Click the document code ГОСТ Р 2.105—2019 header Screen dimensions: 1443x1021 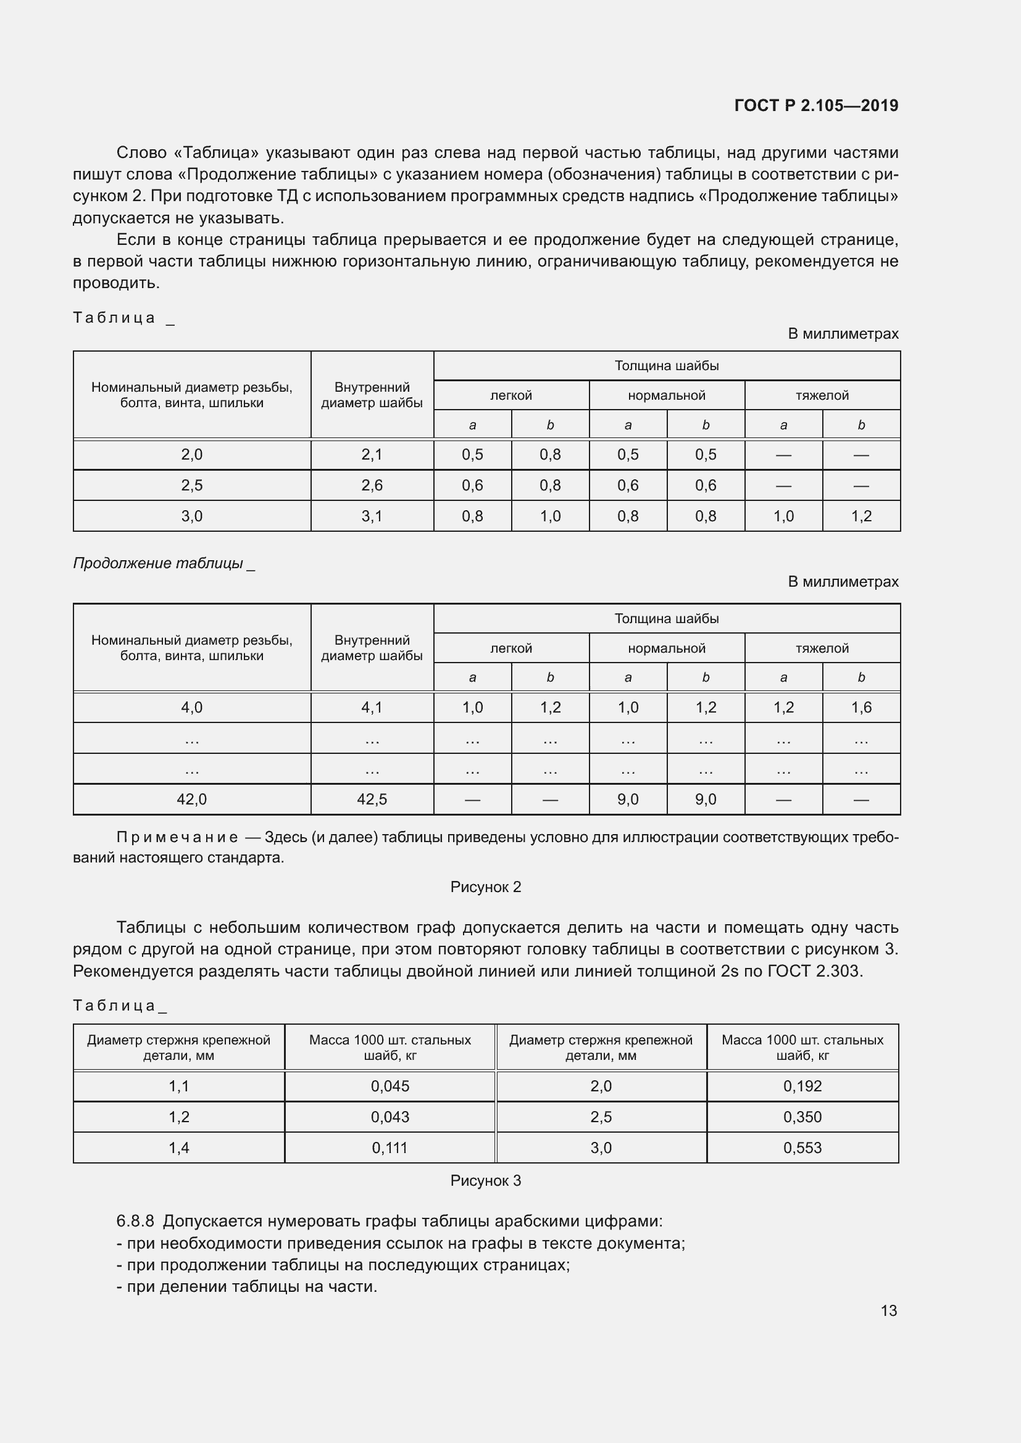pyautogui.click(x=816, y=105)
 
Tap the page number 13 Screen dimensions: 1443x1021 pyautogui.click(x=888, y=1310)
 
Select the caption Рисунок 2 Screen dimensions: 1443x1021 pyautogui.click(x=485, y=887)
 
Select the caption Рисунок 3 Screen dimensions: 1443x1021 pyautogui.click(x=485, y=1180)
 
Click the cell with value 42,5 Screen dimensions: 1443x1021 pyautogui.click(x=372, y=800)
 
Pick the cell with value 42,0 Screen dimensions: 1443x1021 pyautogui.click(x=192, y=800)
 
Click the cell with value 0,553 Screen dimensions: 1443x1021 pyautogui.click(x=802, y=1147)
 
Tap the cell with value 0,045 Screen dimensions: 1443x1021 pyautogui.click(x=390, y=1086)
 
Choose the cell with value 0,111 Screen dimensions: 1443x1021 pyautogui.click(x=390, y=1147)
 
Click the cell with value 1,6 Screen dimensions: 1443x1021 pyautogui.click(x=861, y=708)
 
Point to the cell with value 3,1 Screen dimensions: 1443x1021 pyautogui.click(x=372, y=516)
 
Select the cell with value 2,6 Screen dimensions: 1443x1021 pyautogui.click(x=372, y=485)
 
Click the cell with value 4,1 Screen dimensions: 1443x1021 pyautogui.click(x=372, y=708)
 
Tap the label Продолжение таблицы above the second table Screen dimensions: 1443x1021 pyautogui.click(x=159, y=563)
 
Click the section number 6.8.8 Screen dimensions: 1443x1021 pyautogui.click(x=135, y=1221)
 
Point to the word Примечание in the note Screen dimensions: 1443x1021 pyautogui.click(x=177, y=837)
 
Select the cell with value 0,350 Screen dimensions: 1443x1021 pyautogui.click(x=802, y=1117)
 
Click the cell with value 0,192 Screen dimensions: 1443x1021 pyautogui.click(x=802, y=1086)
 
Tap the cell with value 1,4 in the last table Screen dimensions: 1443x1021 pyautogui.click(x=178, y=1147)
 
